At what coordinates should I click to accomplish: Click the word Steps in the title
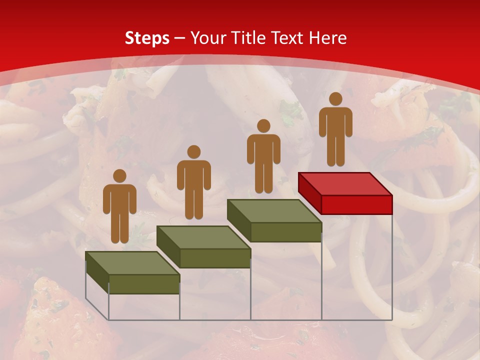(x=147, y=38)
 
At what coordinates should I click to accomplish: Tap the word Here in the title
(x=327, y=38)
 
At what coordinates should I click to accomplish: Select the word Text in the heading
(x=289, y=38)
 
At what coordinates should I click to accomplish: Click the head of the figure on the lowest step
(x=119, y=176)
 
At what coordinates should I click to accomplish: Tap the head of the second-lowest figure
(x=193, y=152)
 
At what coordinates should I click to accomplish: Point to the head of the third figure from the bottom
(x=263, y=126)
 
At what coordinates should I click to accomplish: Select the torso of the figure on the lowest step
(x=119, y=200)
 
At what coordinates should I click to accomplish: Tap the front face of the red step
(x=356, y=204)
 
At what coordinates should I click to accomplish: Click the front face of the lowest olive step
(x=144, y=284)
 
